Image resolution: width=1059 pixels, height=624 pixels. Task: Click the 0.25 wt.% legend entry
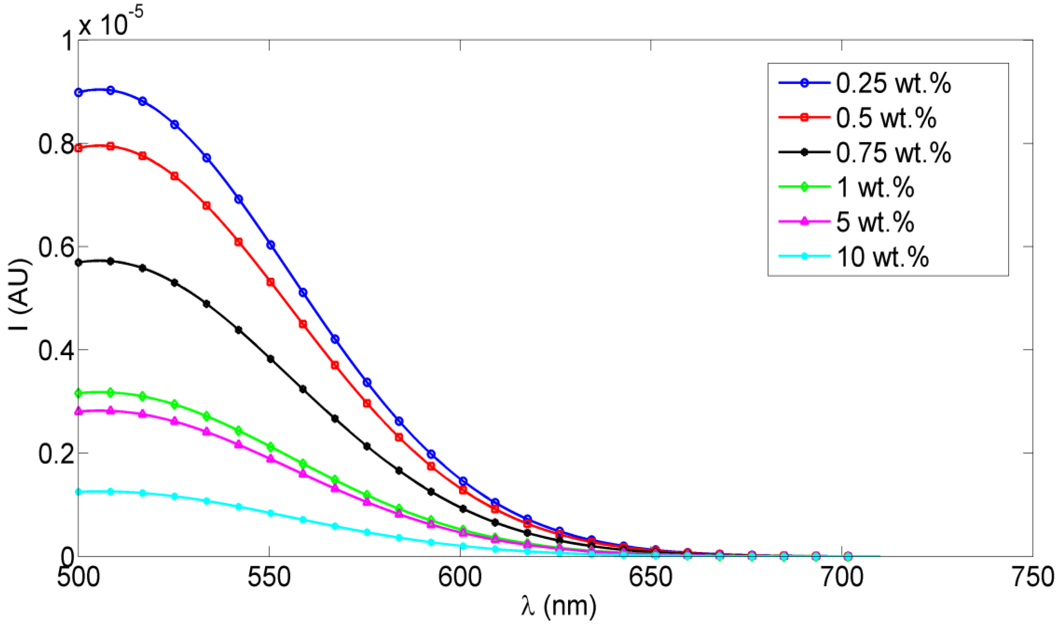click(893, 83)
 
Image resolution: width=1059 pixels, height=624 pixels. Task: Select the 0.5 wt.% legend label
click(885, 118)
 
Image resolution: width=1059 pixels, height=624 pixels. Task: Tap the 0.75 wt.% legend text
click(893, 153)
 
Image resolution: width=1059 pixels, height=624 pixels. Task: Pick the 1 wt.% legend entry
click(875, 187)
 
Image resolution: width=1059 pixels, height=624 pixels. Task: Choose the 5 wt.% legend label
click(875, 222)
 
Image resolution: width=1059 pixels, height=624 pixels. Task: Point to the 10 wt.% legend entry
click(882, 257)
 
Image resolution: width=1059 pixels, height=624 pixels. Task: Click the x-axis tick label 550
click(269, 577)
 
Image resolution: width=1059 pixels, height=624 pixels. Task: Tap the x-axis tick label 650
click(651, 577)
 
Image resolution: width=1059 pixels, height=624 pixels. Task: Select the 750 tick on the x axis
click(1032, 577)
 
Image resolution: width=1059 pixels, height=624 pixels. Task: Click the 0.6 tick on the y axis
click(56, 247)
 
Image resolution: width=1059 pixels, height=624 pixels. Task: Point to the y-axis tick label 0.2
click(56, 454)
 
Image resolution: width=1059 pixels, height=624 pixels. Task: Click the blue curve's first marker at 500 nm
click(79, 92)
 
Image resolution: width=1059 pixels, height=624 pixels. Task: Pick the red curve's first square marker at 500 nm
click(79, 148)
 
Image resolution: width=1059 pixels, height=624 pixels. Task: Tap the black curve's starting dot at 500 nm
click(79, 262)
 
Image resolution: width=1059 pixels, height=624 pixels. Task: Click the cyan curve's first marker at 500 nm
click(79, 491)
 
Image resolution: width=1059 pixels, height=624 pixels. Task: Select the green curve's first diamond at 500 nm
click(79, 393)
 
